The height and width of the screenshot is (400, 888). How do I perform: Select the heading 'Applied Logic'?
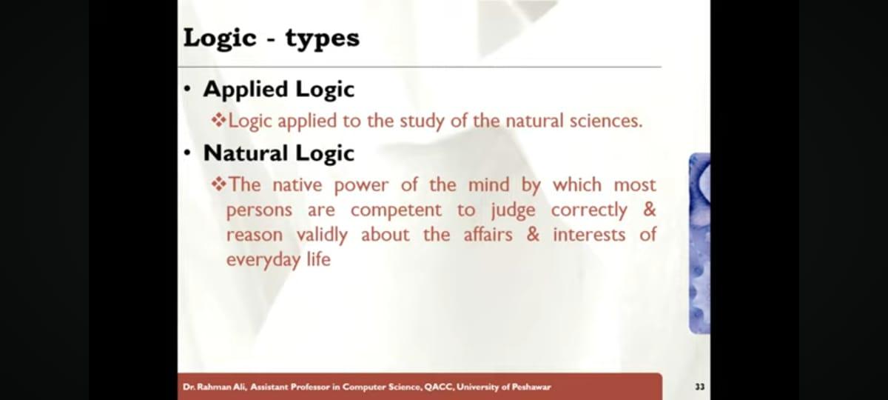(x=279, y=90)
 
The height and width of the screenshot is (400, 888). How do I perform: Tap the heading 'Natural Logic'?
(x=279, y=153)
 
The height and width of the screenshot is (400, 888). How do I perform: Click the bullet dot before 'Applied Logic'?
(x=187, y=90)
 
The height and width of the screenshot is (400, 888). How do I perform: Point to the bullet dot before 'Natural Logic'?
(x=187, y=153)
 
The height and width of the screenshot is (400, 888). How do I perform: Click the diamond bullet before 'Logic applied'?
(x=219, y=120)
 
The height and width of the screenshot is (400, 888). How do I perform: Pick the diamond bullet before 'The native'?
(x=219, y=184)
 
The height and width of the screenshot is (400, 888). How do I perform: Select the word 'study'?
(x=422, y=121)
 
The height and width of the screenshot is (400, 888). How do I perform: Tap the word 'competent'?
(x=396, y=210)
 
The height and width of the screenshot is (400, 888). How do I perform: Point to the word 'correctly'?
(x=589, y=210)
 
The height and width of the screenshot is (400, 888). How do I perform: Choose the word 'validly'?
(x=323, y=236)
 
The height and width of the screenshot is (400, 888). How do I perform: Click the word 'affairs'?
(x=488, y=234)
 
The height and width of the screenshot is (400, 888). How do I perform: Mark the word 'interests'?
(x=589, y=235)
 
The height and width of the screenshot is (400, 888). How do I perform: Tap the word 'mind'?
(x=488, y=185)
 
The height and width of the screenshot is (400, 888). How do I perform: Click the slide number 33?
(x=700, y=387)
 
